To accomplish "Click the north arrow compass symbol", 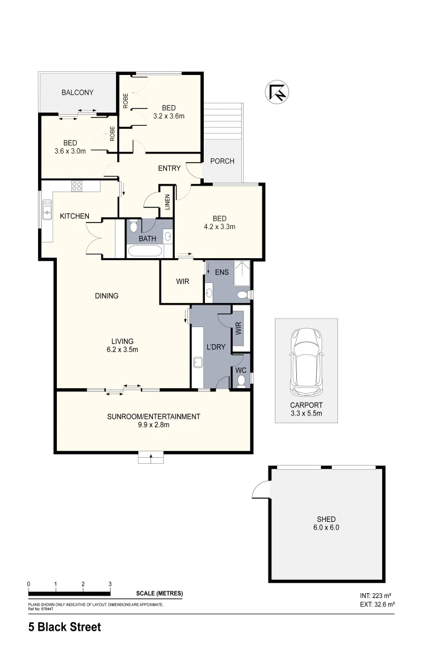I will click(278, 92).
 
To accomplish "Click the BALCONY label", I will click(77, 93).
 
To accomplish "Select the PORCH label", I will click(222, 161).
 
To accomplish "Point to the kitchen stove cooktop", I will click(77, 186).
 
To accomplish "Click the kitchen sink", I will click(47, 212).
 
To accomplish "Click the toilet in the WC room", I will click(241, 380).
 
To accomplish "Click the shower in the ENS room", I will click(242, 272).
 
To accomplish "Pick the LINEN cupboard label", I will click(167, 202).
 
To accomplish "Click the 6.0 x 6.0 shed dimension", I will click(326, 528).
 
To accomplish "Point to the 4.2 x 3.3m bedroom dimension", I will click(219, 227).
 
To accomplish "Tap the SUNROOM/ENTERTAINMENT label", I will click(154, 416).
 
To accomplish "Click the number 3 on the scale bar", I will click(110, 583).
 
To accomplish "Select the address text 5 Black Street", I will click(65, 628).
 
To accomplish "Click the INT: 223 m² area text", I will click(377, 596).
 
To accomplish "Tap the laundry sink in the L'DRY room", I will click(198, 363).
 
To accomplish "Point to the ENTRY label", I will click(169, 168).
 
